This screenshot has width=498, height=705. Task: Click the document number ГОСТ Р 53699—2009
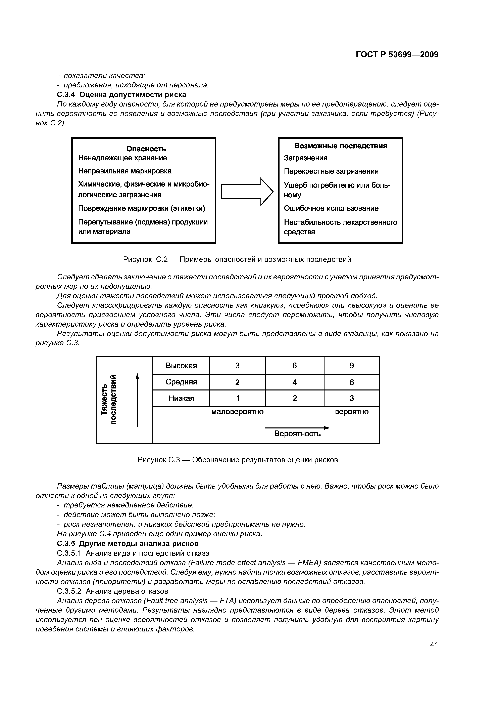click(x=397, y=55)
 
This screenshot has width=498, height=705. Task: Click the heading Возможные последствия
click(x=341, y=146)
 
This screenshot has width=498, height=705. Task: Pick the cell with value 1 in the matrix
click(x=237, y=399)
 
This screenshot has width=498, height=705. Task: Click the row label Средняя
click(x=181, y=382)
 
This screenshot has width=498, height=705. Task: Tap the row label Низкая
click(x=181, y=399)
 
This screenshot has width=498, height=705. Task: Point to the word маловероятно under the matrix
click(x=237, y=412)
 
